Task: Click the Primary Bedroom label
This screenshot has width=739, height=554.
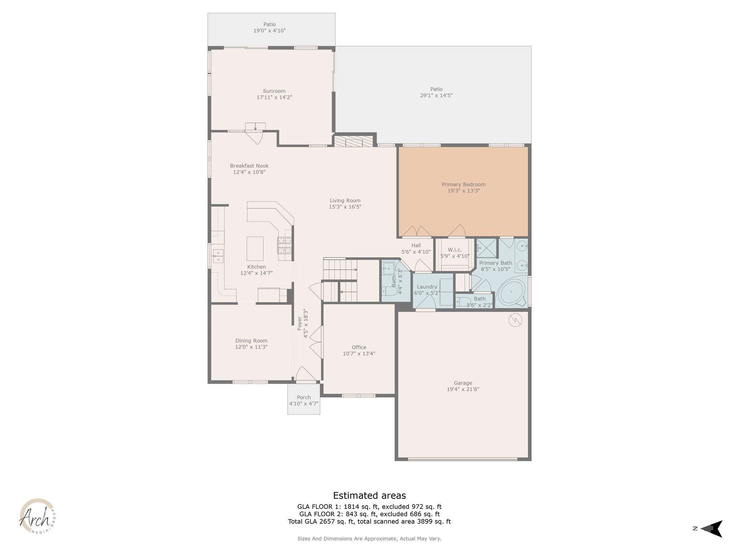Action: tap(463, 184)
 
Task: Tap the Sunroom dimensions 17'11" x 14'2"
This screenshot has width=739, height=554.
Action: tap(274, 97)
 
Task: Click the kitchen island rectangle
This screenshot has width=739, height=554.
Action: tap(255, 249)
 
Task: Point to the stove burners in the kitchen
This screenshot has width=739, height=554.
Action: tap(284, 245)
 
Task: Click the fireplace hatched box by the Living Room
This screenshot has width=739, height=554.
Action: tap(353, 141)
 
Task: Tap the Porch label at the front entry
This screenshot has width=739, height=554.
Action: tap(303, 397)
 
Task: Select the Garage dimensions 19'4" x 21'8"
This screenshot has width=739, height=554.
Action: tap(463, 389)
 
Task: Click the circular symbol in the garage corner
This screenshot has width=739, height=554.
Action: tap(515, 320)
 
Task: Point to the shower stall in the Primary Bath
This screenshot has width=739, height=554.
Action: tap(487, 248)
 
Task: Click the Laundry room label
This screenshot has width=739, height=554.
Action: tap(427, 287)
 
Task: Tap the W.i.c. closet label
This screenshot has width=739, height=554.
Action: tap(455, 250)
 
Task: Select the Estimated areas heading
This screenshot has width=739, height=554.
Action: tap(369, 495)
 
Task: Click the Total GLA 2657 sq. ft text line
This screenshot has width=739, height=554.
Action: tap(369, 521)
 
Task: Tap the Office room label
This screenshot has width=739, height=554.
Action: tap(359, 347)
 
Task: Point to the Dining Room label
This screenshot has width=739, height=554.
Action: tap(251, 340)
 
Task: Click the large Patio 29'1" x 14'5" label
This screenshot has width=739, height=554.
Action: tap(436, 89)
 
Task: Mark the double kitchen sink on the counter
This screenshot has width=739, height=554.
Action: tap(218, 256)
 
